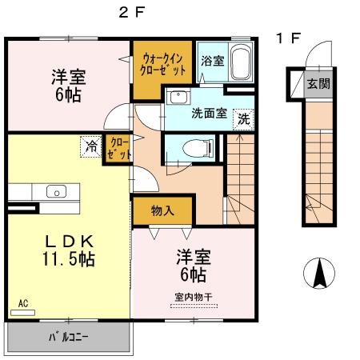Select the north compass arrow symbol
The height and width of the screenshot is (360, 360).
[318, 275]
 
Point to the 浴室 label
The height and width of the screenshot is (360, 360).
[212, 62]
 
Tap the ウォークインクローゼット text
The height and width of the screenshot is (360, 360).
[164, 64]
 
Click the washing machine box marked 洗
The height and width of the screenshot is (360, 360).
[242, 118]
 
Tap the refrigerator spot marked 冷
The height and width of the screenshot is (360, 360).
[92, 146]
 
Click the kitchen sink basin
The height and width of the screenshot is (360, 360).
[56, 191]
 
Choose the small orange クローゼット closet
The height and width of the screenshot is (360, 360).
[118, 148]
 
